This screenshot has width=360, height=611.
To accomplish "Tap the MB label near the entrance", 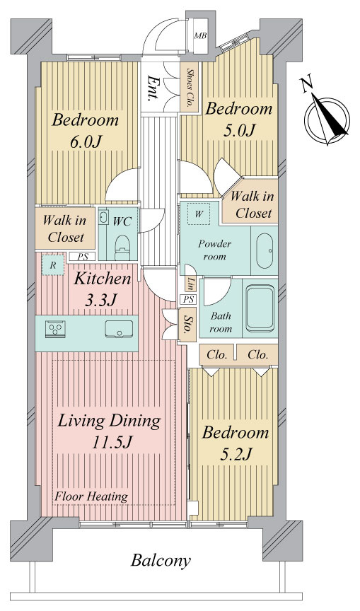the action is (x=200, y=36).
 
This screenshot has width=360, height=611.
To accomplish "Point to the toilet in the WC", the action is (x=122, y=248).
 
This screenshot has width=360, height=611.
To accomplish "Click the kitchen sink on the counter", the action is (x=119, y=329).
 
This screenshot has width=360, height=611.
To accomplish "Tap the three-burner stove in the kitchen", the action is (x=55, y=329).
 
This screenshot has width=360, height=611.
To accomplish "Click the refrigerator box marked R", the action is (x=52, y=265).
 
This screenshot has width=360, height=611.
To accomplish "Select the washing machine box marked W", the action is (x=199, y=214).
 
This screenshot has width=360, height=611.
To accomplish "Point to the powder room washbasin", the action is (x=265, y=251).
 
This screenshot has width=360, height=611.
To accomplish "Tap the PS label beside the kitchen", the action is (x=83, y=257).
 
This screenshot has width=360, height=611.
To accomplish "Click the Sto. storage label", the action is (x=187, y=324).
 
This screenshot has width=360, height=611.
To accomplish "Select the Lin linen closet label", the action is (x=190, y=284).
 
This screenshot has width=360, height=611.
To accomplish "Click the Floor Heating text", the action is (x=91, y=497).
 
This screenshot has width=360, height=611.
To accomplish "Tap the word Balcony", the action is (x=161, y=561).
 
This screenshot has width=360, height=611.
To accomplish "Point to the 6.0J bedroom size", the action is (x=86, y=141).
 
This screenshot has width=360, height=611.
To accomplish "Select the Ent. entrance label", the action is (x=152, y=89).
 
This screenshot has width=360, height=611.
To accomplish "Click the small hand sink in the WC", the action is (x=103, y=217).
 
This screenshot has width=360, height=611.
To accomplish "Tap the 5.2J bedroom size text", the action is (x=236, y=454).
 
